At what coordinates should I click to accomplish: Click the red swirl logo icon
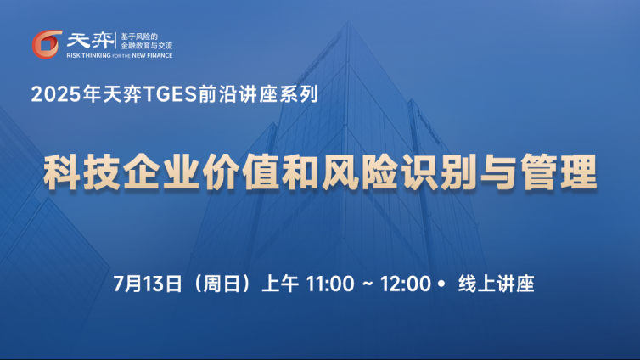click(47, 44)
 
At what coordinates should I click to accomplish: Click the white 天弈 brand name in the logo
click(90, 41)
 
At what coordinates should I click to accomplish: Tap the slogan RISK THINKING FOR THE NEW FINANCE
click(120, 55)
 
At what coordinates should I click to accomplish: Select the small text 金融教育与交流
click(147, 46)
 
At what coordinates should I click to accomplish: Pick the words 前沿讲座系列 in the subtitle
click(258, 94)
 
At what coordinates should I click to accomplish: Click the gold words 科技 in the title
click(81, 172)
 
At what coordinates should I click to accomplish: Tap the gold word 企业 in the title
click(161, 172)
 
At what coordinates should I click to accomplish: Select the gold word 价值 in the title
click(241, 172)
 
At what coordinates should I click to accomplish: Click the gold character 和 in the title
click(300, 172)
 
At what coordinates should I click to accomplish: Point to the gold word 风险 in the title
click(360, 172)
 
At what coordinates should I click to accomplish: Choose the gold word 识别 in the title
click(439, 172)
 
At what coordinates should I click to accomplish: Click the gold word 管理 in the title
click(559, 172)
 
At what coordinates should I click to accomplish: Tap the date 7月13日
click(148, 284)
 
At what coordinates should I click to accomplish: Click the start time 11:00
click(330, 284)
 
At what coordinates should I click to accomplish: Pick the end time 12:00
click(406, 284)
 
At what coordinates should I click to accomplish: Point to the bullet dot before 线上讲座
click(441, 284)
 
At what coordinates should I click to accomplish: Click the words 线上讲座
click(497, 284)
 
